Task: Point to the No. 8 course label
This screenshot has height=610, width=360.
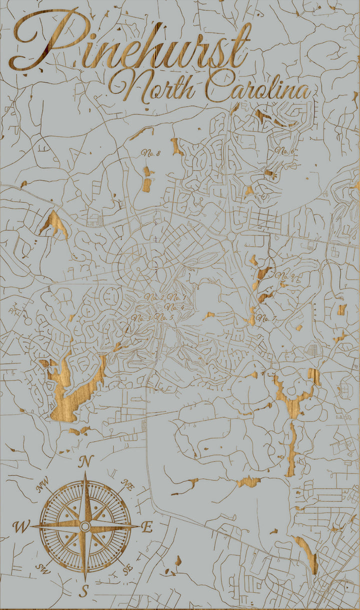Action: click(150, 153)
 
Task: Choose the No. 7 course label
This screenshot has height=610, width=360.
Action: click(266, 318)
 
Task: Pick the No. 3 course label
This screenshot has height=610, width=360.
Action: click(141, 317)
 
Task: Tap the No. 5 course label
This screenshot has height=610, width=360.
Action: click(164, 317)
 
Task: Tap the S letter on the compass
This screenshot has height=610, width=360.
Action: click(84, 591)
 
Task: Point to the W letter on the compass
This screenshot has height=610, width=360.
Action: click(21, 526)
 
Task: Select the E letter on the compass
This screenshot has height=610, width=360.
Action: click(147, 527)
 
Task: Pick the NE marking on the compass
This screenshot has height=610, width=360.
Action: click(128, 484)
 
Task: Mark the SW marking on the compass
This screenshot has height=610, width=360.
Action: click(42, 567)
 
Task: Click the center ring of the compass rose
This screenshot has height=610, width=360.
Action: click(85, 526)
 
